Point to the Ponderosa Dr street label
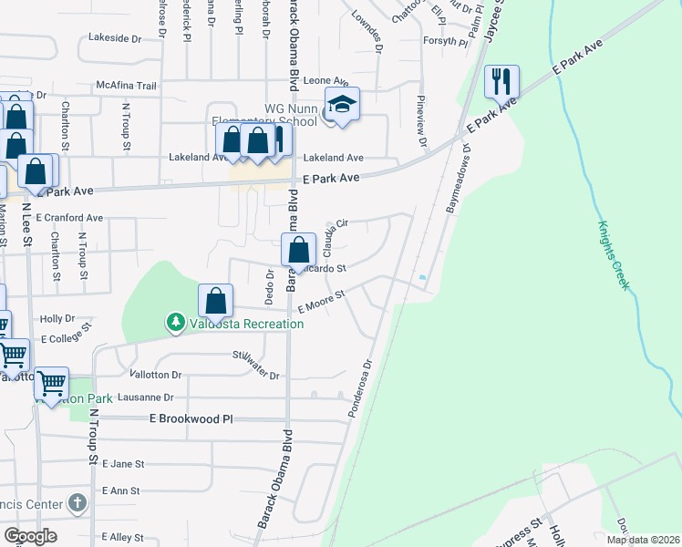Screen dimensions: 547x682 coord(362,388)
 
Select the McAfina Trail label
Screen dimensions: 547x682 coord(127,86)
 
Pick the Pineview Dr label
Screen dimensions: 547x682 coord(421,121)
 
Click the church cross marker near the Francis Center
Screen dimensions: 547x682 coord(77,502)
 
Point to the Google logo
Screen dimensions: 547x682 coord(31,537)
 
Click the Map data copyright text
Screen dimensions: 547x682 coord(642,539)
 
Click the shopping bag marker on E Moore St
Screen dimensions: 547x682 coord(216,300)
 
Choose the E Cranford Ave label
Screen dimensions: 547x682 coord(70,219)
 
